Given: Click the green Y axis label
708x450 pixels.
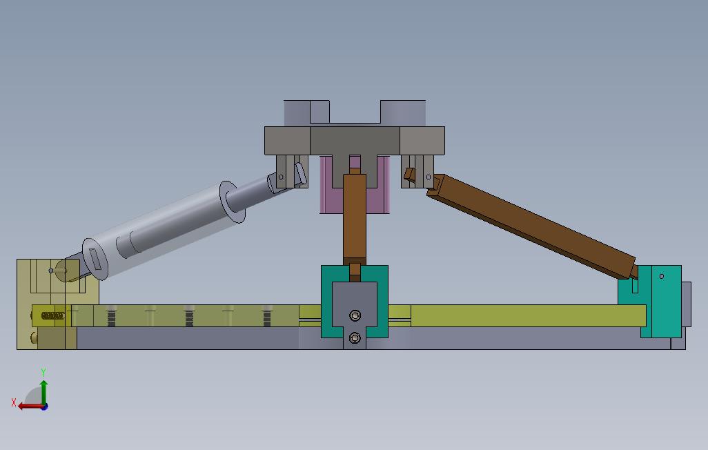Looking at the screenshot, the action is (x=43, y=372).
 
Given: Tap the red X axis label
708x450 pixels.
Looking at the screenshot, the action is (x=14, y=402).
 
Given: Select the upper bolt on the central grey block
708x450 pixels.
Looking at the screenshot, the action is (x=355, y=315).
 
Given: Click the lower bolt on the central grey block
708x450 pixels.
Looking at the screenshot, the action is (x=355, y=337).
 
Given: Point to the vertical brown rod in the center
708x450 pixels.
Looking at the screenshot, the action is (x=355, y=217).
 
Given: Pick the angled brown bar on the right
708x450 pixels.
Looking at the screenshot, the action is (x=531, y=225).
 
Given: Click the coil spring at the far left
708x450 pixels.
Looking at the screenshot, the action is (x=53, y=316).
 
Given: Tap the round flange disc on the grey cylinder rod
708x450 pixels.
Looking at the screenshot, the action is (x=233, y=202).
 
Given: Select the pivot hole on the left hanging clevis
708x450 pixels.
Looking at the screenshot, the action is (x=281, y=177).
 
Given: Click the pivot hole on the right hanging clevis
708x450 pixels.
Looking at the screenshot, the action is (x=429, y=177).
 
